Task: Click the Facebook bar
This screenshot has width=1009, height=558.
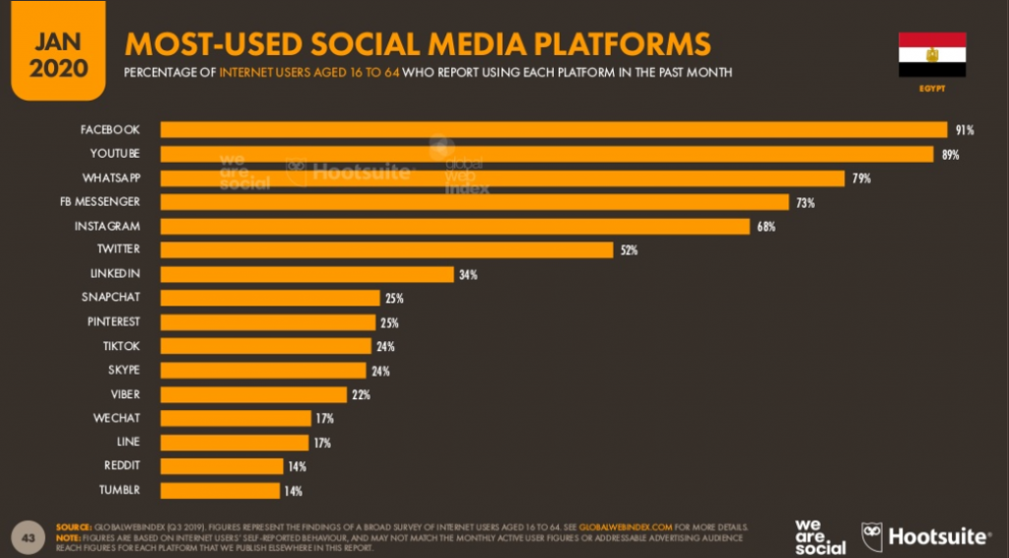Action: (552, 130)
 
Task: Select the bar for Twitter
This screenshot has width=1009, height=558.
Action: (386, 250)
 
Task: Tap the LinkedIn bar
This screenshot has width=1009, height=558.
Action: (306, 274)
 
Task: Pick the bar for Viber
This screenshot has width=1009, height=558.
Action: (253, 394)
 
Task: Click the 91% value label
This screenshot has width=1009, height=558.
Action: (964, 130)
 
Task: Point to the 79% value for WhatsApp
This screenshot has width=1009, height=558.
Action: (862, 178)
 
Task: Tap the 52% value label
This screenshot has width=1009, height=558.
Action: (629, 250)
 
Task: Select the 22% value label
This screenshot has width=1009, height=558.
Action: (362, 394)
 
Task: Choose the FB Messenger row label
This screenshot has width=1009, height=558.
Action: (108, 202)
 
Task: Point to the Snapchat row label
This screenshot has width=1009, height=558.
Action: (110, 298)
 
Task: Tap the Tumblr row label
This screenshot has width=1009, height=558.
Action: (119, 490)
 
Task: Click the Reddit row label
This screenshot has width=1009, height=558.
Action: (121, 466)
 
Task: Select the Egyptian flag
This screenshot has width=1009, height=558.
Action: (931, 54)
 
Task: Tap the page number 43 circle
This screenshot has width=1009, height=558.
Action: (29, 536)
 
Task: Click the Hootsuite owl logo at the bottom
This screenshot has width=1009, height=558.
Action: (872, 535)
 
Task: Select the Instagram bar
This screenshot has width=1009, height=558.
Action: (454, 226)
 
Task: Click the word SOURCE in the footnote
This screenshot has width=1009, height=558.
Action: (74, 527)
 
